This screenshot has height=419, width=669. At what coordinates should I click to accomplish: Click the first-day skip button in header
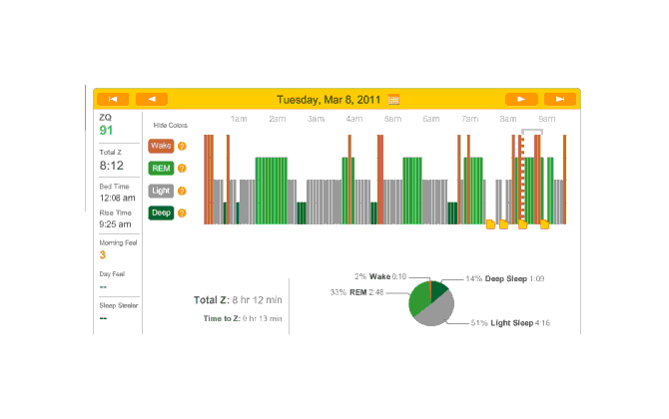point(113,99)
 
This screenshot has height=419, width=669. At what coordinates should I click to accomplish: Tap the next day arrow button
point(520,99)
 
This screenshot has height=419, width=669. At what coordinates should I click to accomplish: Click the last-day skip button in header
point(560,99)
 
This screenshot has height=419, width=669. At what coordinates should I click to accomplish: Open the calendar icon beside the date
point(393,100)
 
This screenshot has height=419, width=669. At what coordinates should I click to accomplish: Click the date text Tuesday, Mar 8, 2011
point(330,99)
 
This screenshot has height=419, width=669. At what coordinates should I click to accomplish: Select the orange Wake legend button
point(160,146)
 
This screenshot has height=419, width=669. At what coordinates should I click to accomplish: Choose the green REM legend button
point(160,168)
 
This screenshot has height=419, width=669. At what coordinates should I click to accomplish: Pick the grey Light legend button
point(160,190)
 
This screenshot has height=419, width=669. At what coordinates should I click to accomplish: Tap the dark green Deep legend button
point(160,212)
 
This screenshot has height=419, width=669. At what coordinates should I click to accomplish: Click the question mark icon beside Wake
point(182,146)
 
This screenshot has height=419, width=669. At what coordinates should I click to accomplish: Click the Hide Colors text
point(170,126)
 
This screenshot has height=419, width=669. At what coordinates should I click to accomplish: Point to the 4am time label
point(354,119)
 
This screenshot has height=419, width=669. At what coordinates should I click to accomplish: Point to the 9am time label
point(547,119)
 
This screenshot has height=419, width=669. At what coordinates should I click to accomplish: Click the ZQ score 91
point(106,130)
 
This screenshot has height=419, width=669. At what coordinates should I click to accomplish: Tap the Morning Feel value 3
point(102,254)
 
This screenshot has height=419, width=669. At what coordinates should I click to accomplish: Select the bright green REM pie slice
point(417,299)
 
